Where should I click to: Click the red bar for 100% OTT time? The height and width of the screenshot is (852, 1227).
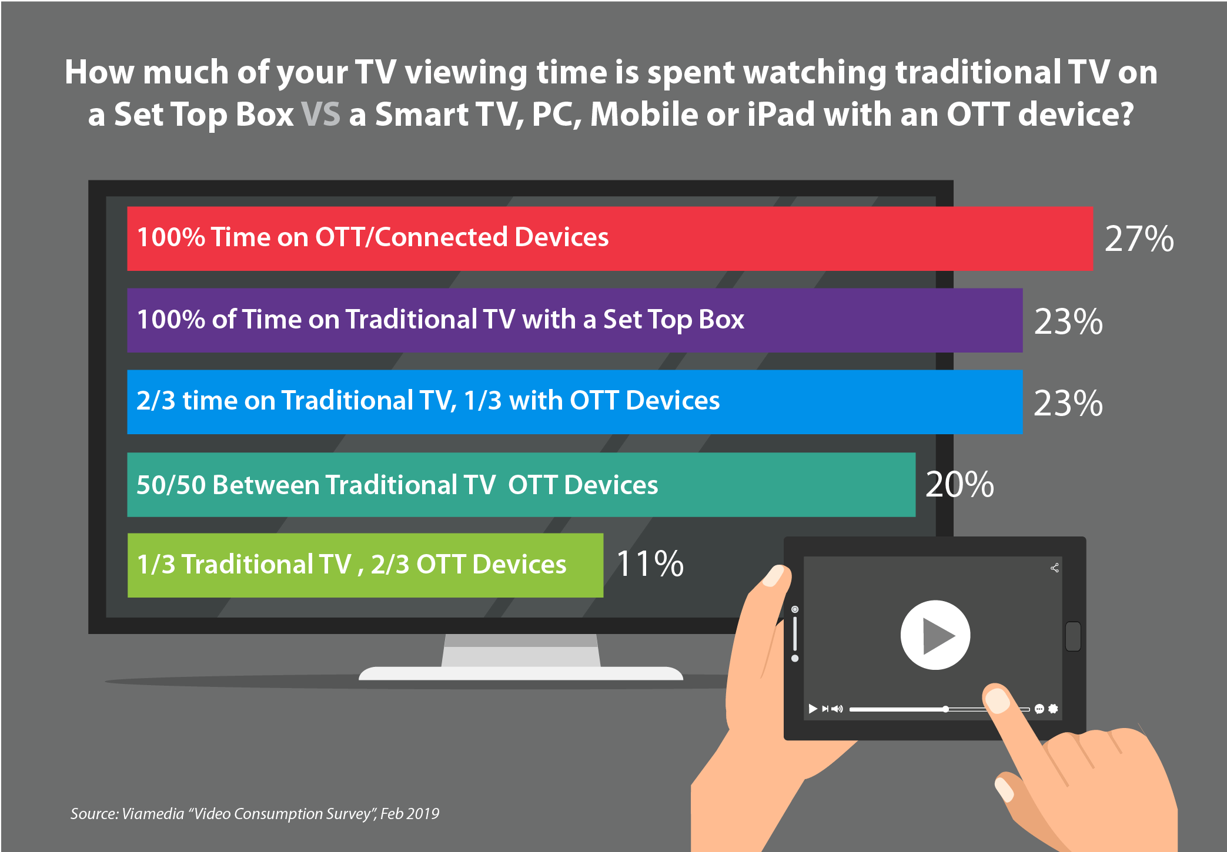coord(610,239)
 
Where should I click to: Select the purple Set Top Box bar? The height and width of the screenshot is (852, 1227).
coord(574,320)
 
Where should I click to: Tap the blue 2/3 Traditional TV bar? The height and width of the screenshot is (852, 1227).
coord(574,402)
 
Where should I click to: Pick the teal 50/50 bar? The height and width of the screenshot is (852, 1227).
coord(521,485)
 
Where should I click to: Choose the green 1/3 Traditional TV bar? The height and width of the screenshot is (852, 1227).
coord(365,565)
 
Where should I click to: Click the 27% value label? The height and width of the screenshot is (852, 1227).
coord(1139,239)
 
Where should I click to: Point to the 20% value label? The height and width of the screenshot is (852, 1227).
coord(959,485)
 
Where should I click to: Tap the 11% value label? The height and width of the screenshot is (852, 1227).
coord(650,564)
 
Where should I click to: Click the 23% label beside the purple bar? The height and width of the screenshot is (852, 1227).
coord(1068,322)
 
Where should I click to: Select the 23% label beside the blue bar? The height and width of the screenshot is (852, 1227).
coord(1068,404)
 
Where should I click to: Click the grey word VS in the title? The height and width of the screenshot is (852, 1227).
coord(320,114)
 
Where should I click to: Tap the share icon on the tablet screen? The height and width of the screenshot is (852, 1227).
coord(1055,568)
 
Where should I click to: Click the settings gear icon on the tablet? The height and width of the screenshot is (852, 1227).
coord(1054,709)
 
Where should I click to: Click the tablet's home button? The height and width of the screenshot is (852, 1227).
coord(1073,636)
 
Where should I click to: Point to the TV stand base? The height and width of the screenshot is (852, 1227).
coord(521,673)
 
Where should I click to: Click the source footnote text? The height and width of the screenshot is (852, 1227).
coord(255,814)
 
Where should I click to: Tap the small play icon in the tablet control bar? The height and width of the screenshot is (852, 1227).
coord(813,709)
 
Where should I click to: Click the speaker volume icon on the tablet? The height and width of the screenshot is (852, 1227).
coord(837,709)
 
